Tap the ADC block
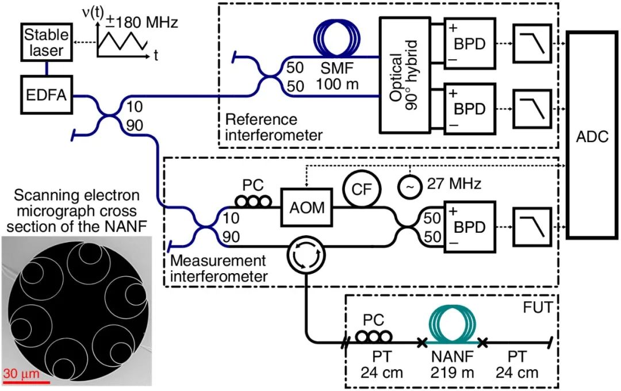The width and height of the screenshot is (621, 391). (592, 135)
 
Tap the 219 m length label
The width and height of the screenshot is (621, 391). (454, 373)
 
